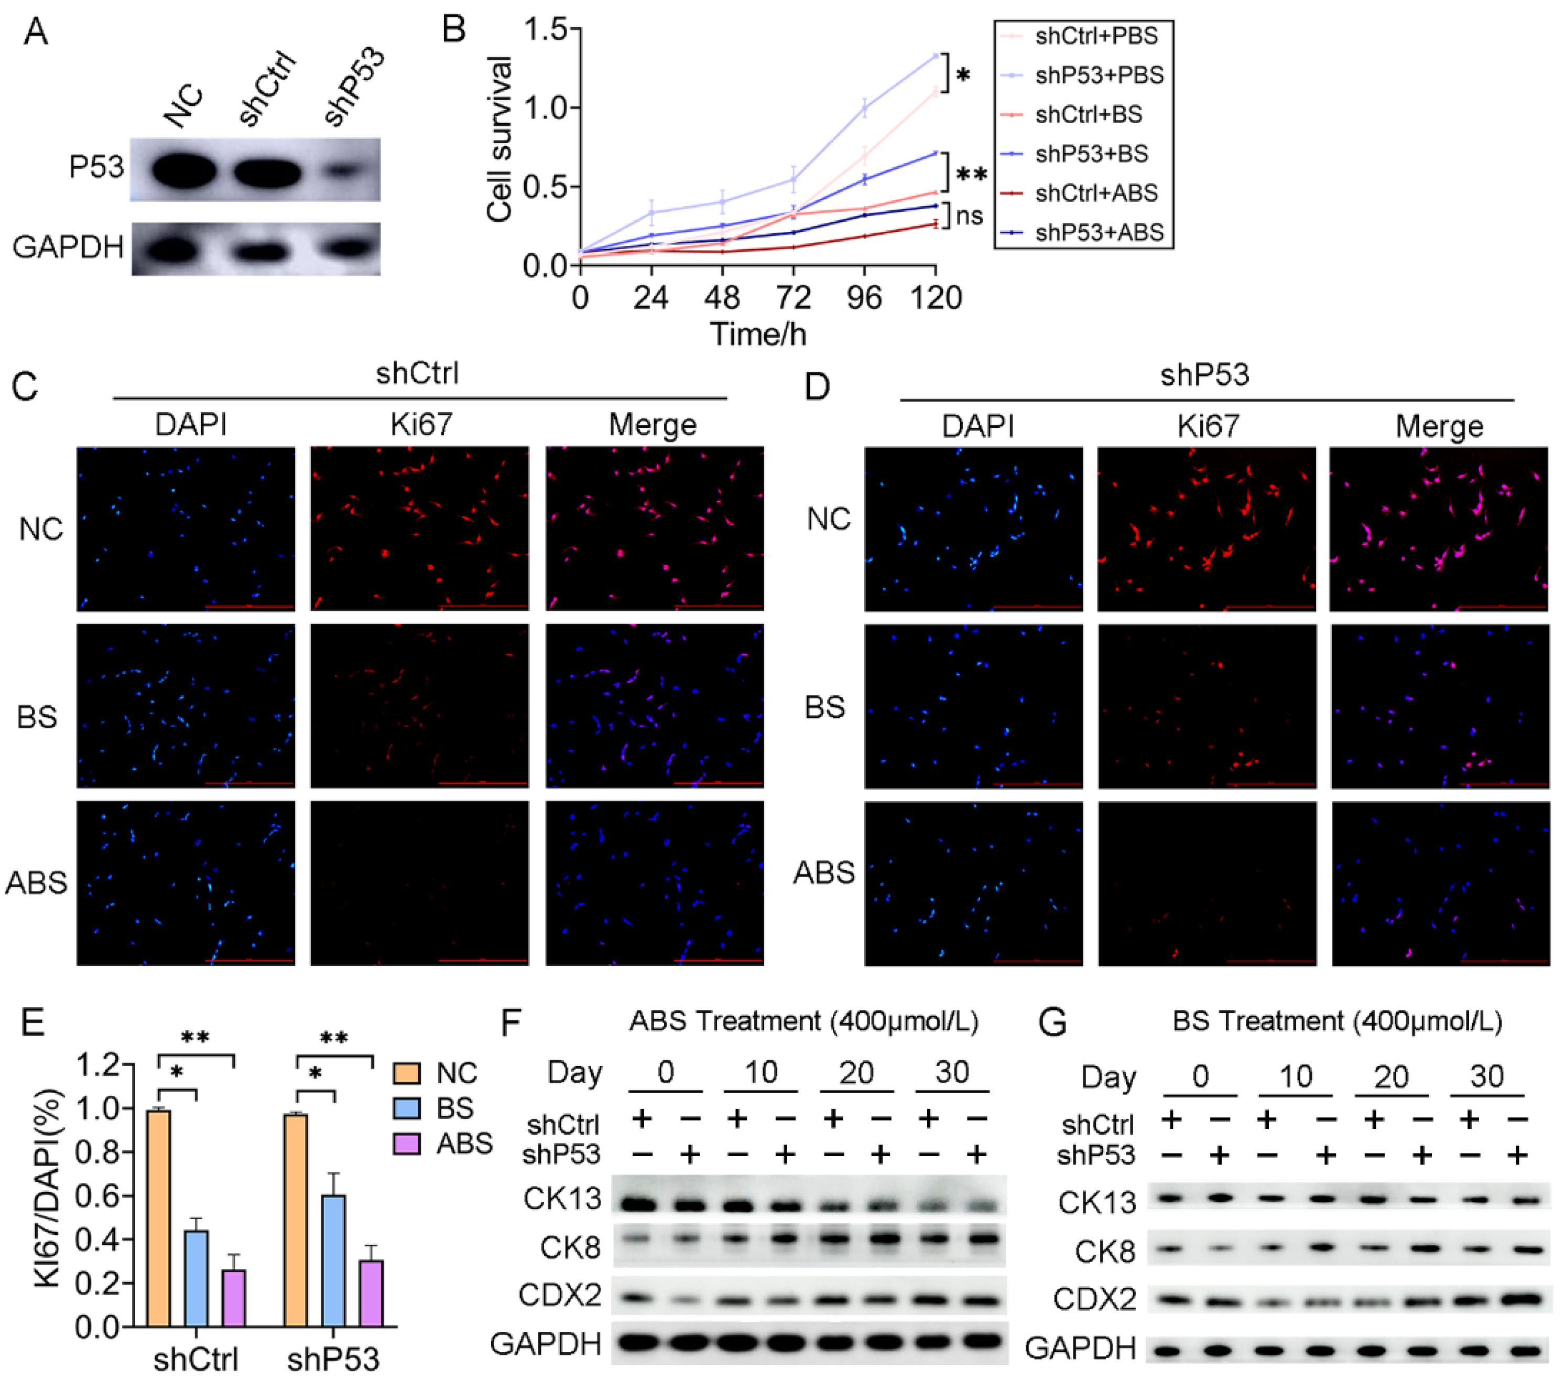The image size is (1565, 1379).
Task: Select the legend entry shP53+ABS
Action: (1098, 232)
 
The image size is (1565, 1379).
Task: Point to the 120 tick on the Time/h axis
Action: (936, 298)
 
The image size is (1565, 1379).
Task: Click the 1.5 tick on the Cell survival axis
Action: (545, 29)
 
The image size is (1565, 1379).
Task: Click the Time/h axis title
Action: (758, 334)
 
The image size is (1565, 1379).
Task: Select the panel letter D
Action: (817, 387)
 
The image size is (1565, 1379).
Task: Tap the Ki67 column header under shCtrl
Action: (420, 424)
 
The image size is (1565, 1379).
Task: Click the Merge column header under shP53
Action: (1439, 426)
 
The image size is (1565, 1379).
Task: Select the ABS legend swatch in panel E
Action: (407, 1144)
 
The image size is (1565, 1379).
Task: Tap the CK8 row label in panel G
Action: (1105, 1252)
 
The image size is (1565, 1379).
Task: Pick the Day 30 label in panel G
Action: (1486, 1076)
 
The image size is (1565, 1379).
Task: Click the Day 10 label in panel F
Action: (760, 1072)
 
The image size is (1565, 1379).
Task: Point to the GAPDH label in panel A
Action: (68, 246)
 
